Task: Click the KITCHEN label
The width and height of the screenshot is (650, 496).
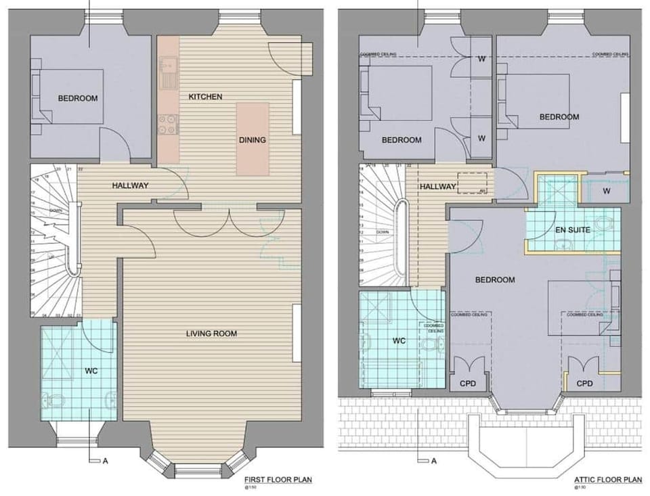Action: (x=205, y=97)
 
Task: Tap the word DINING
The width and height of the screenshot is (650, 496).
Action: (x=252, y=140)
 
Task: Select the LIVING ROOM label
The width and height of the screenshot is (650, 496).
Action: (x=212, y=333)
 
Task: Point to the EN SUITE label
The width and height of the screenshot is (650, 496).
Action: (x=573, y=230)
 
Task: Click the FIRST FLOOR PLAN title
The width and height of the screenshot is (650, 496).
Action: (x=278, y=480)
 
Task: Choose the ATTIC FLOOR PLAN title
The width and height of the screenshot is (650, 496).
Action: (x=607, y=480)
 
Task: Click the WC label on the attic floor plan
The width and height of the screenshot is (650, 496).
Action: (x=398, y=341)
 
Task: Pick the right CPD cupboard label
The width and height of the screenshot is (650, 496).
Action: (x=584, y=383)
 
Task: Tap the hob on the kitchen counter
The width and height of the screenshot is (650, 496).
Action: (x=168, y=124)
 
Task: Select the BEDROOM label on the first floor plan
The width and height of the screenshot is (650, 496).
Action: (x=77, y=98)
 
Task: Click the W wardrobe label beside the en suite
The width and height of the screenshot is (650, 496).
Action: (x=605, y=191)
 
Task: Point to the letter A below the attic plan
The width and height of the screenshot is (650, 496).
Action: (x=433, y=461)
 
